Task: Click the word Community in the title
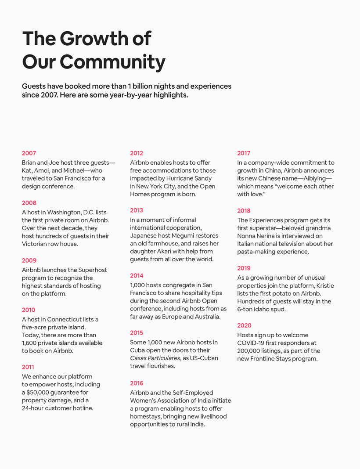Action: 112,61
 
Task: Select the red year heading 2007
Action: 29,153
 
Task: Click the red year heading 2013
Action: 137,210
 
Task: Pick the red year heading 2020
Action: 245,325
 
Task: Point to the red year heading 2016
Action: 137,383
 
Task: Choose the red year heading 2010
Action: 29,310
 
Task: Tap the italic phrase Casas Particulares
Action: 155,358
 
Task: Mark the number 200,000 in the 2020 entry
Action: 252,351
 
